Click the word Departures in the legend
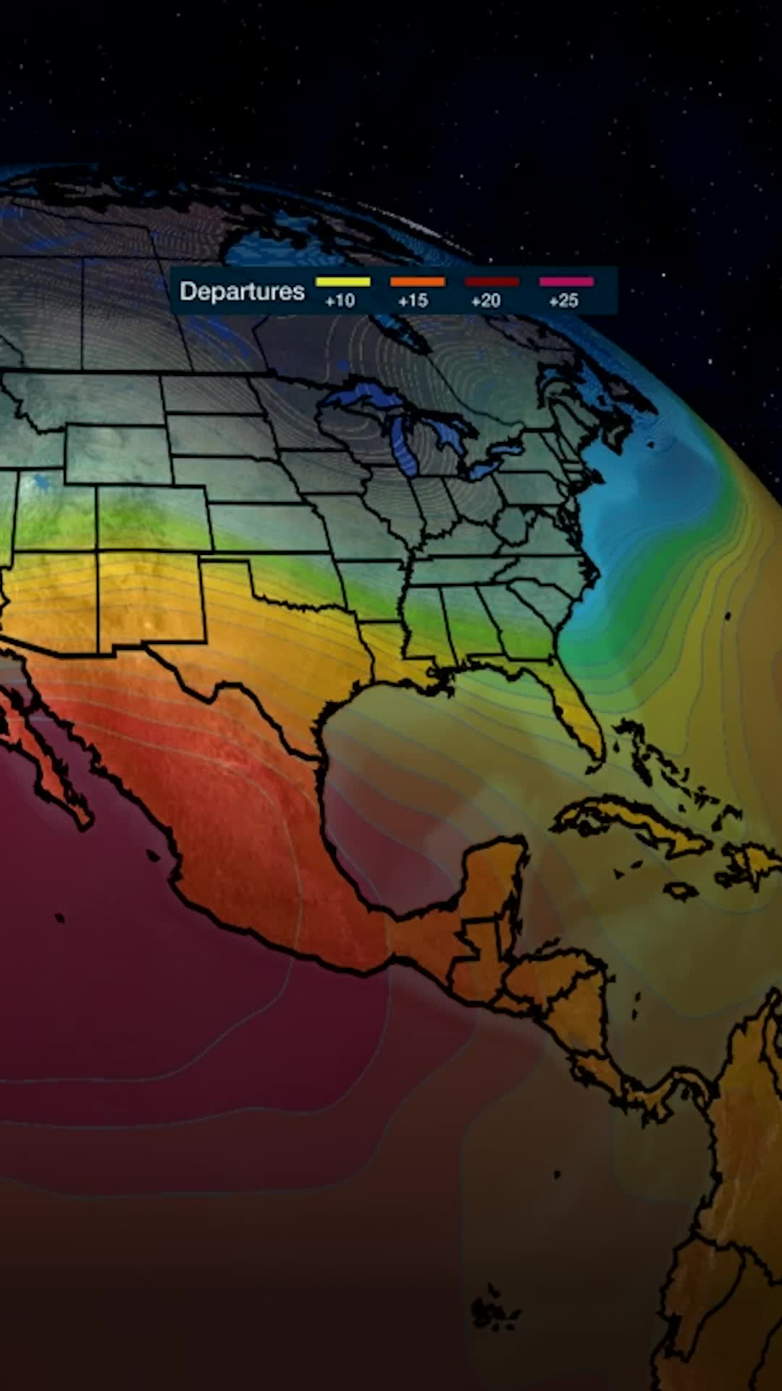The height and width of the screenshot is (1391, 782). click(x=242, y=291)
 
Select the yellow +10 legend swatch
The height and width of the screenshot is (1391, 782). click(x=342, y=282)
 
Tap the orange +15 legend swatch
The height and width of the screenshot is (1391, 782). click(x=417, y=282)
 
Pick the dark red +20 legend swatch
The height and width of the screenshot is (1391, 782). click(x=492, y=282)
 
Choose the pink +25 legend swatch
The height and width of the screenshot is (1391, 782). click(x=566, y=282)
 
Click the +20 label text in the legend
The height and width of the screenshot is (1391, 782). click(x=485, y=301)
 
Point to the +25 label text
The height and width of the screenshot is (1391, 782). click(x=563, y=301)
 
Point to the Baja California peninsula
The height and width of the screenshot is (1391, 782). click(x=43, y=753)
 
